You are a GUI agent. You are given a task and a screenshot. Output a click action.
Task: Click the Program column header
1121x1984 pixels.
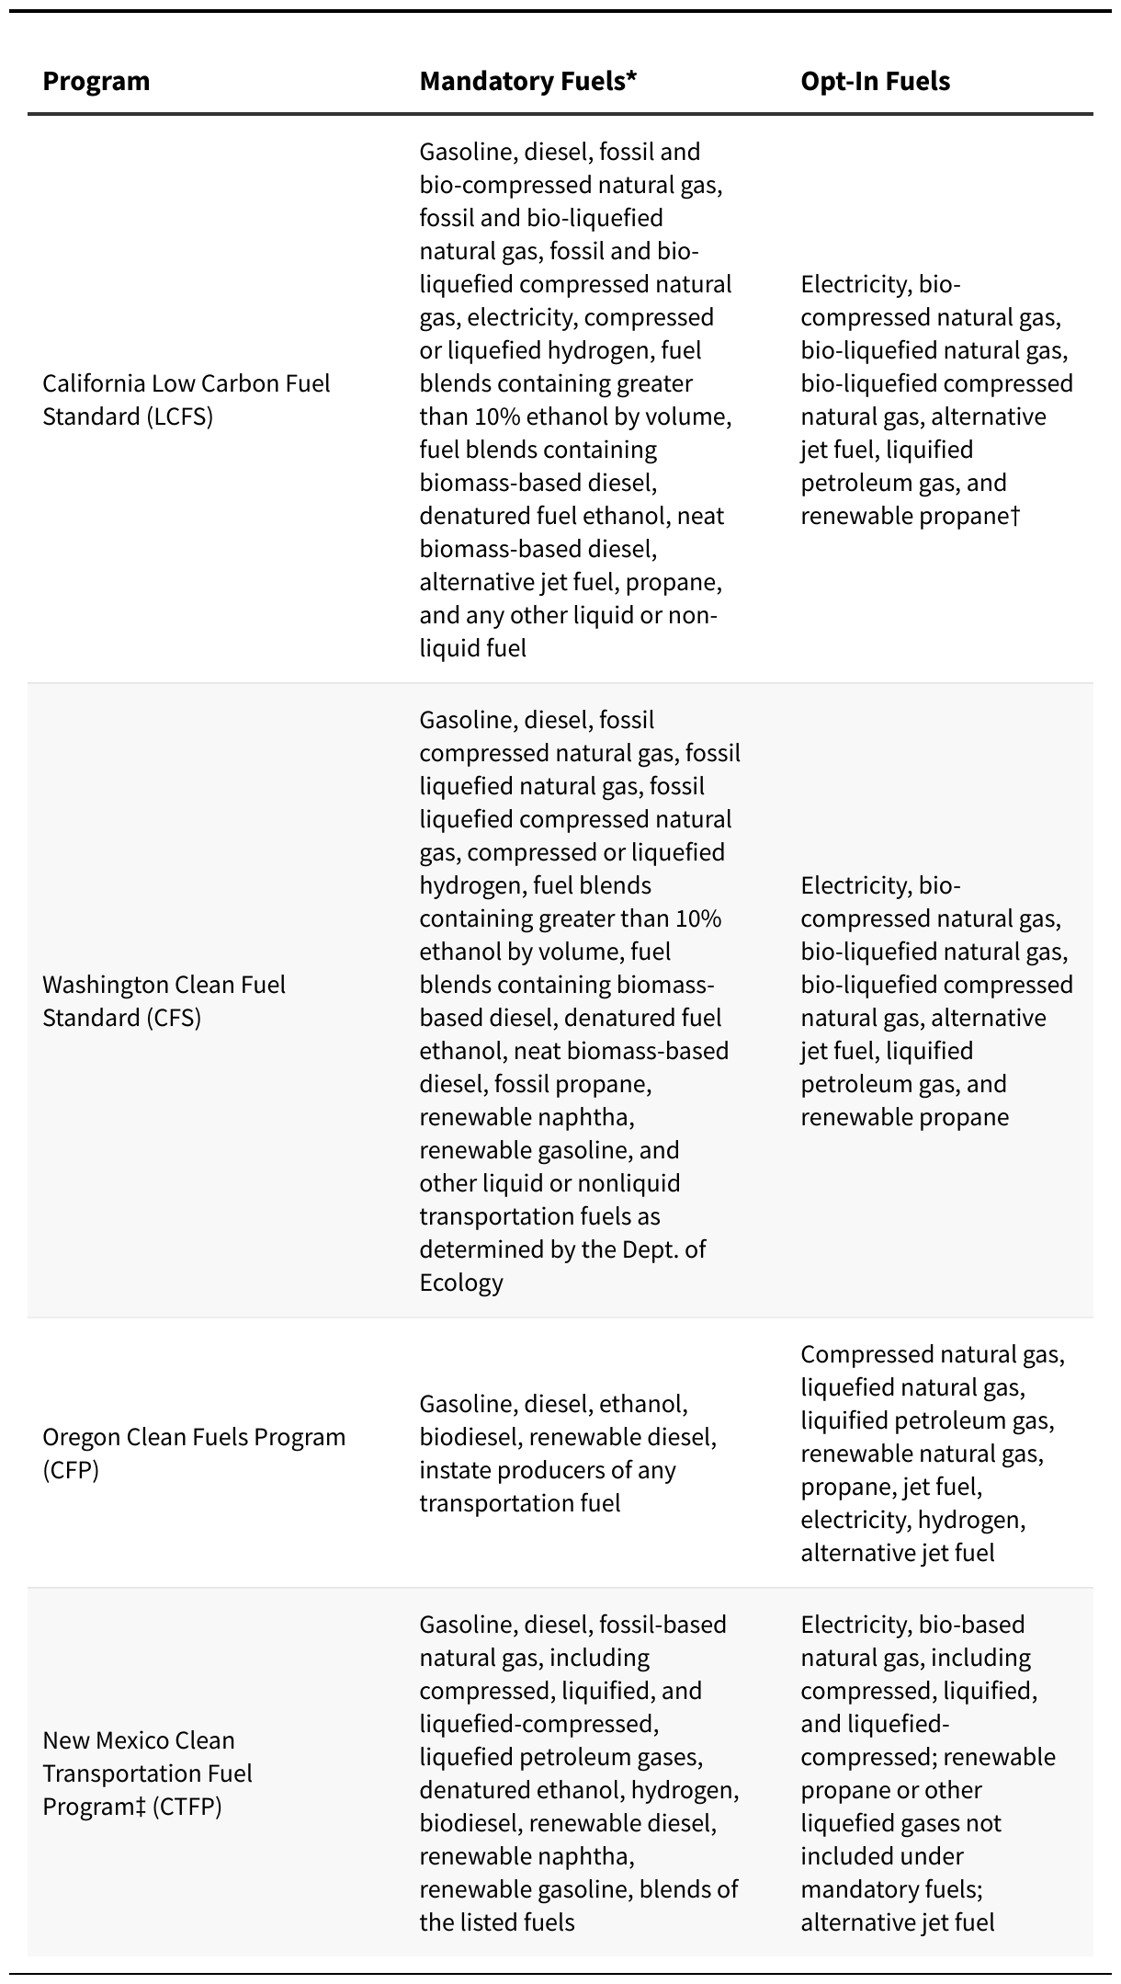point(96,81)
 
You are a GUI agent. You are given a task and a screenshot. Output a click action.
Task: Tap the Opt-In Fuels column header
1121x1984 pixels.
point(875,81)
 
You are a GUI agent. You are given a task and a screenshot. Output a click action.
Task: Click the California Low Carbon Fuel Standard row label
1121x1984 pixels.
point(187,400)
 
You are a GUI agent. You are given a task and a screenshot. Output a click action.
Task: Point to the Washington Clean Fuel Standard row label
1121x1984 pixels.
point(164,1001)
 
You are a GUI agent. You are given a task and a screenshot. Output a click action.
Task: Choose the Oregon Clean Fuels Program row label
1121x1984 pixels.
point(194,1454)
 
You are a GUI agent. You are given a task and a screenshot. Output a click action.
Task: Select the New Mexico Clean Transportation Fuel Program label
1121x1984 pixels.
point(147,1773)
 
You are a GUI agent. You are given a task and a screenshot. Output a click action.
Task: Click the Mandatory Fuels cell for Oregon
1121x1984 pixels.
point(568,1454)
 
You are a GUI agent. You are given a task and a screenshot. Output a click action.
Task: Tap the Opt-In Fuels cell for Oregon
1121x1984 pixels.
point(932,1454)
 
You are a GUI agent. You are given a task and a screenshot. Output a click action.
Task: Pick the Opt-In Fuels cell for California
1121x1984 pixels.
point(935,400)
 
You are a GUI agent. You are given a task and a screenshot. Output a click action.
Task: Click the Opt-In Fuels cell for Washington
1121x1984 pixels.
point(935,1001)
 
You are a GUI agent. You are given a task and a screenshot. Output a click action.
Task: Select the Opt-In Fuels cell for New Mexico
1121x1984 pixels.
point(928,1773)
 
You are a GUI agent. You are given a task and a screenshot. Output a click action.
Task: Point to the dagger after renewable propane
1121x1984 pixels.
point(1015,515)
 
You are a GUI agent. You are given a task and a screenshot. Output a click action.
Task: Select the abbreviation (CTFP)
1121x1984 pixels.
point(187,1807)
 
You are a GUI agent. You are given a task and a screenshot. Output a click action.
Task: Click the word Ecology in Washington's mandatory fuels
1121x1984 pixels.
point(461,1283)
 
